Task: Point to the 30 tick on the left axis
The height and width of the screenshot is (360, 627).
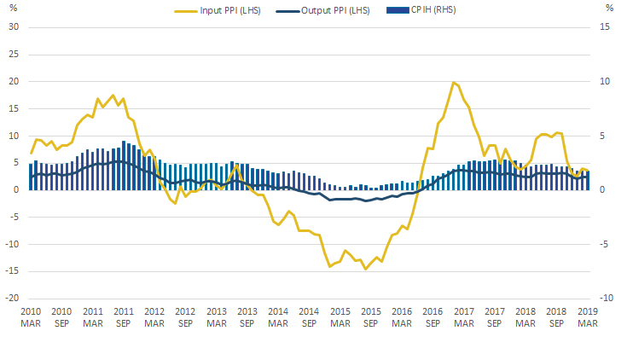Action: [x=13, y=26]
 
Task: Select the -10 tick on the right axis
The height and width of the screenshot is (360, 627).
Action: [x=607, y=299]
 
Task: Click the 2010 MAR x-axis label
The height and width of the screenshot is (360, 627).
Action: [x=31, y=317]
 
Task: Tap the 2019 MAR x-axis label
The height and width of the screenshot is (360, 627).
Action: [x=588, y=317]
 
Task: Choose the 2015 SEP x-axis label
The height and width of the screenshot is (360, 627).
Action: [x=371, y=317]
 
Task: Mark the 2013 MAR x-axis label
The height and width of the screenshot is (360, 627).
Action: [x=217, y=317]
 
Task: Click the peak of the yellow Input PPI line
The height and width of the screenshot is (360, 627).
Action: [x=454, y=83]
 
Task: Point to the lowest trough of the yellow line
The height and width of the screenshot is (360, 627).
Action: [x=366, y=269]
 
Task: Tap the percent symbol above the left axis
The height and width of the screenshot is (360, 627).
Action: [x=12, y=8]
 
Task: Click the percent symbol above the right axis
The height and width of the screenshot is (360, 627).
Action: [x=609, y=8]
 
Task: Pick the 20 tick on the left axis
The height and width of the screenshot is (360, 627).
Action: [x=13, y=81]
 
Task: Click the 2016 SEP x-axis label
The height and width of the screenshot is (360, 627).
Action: [x=433, y=317]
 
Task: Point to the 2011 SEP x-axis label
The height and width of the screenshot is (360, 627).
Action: [x=124, y=317]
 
